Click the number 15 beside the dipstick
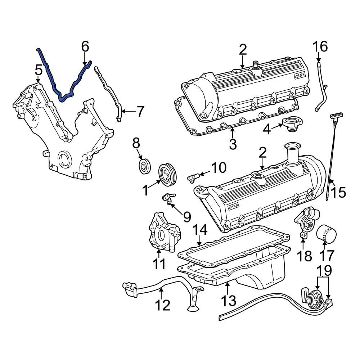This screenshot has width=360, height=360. [339, 192]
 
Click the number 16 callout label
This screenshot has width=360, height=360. [320, 46]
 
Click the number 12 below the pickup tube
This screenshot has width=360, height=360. [162, 305]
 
